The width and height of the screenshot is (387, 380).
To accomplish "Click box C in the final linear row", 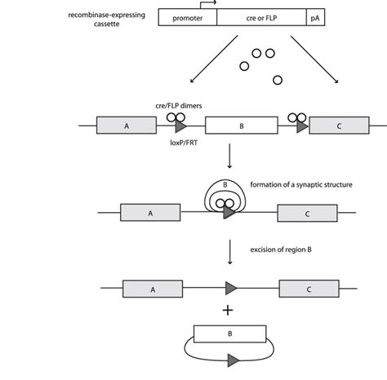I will point(308,289).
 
